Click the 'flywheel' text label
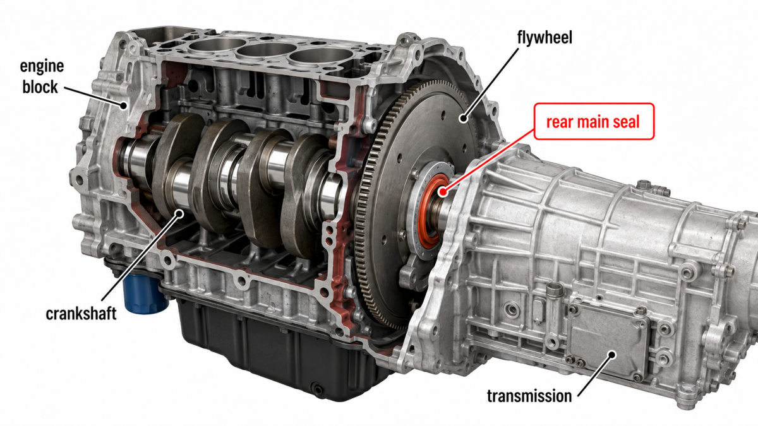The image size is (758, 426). point(544,37)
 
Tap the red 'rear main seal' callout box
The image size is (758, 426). point(594,121)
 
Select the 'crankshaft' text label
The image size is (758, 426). point(81,314)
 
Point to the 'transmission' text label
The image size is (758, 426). point(529,396)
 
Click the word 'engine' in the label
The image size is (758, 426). point(42,66)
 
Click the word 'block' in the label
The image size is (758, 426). point(40,87)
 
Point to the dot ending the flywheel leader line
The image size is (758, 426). point(464,118)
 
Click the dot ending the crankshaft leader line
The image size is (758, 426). point(179,214)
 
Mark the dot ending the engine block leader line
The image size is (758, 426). point(124,105)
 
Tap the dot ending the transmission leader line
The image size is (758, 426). point(611,355)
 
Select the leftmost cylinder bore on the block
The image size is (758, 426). point(217,45)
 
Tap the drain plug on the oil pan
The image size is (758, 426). point(318,389)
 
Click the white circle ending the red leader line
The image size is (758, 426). point(442,192)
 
